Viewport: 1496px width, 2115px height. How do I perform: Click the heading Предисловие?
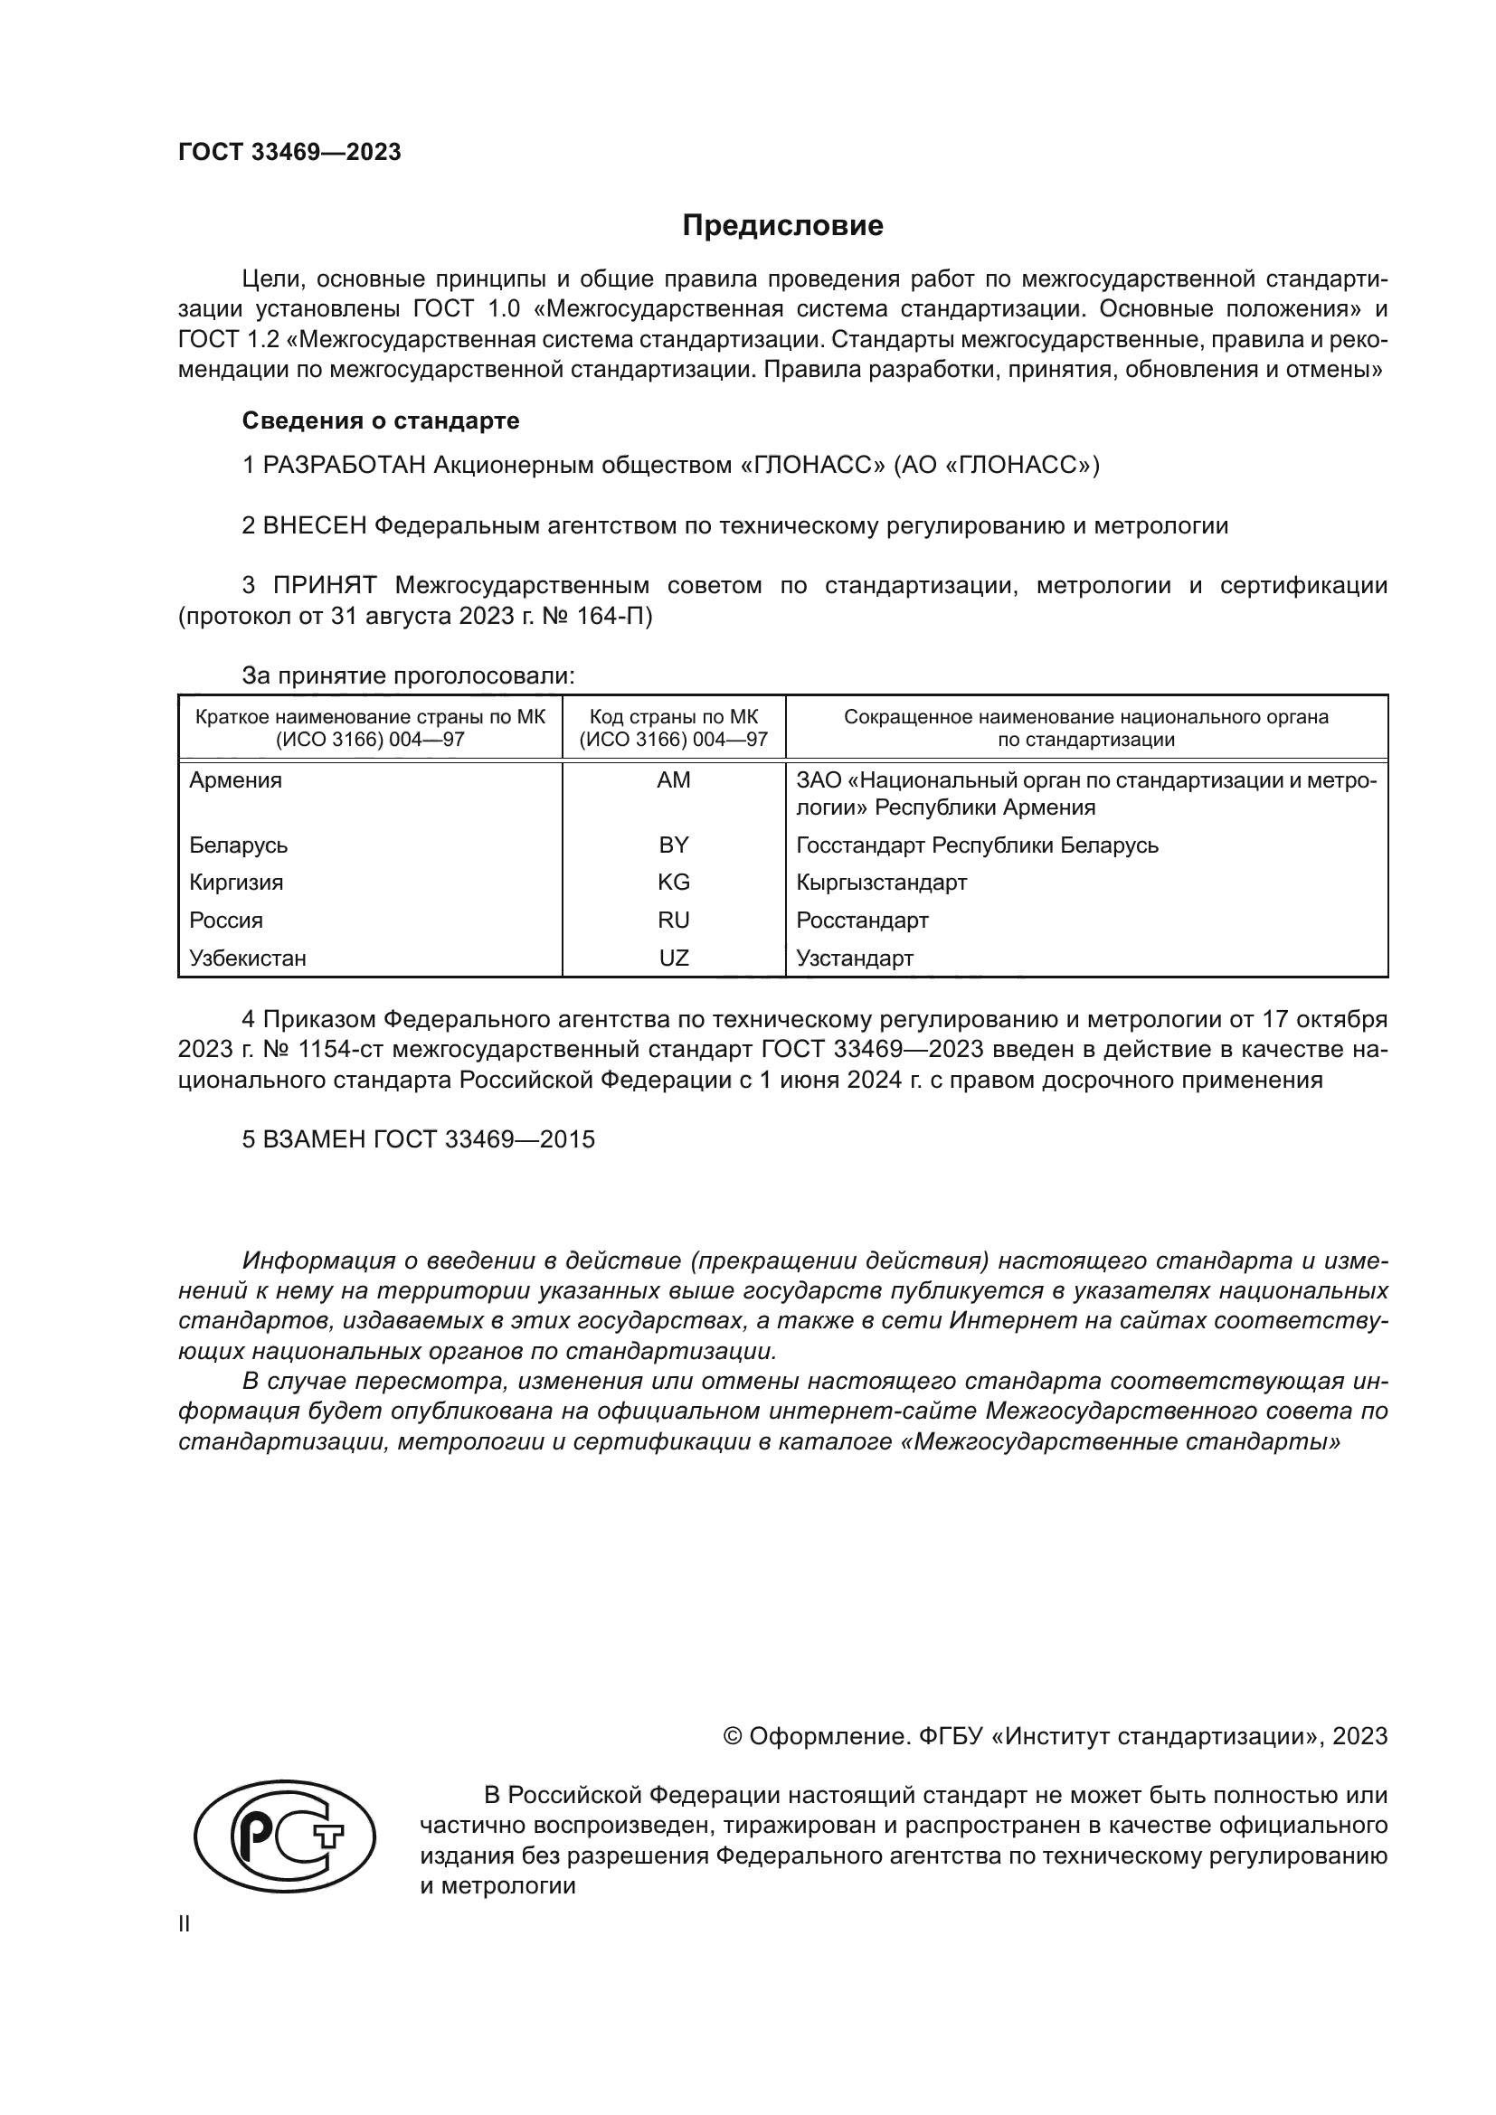click(782, 226)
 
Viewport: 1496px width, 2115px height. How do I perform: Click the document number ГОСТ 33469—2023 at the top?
click(289, 153)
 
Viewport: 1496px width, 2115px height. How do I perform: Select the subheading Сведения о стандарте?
click(381, 421)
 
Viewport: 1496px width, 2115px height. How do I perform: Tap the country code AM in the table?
click(674, 780)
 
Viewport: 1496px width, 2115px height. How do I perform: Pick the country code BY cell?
click(674, 845)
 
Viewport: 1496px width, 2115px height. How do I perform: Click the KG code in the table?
click(674, 883)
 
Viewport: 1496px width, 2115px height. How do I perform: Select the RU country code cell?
click(674, 921)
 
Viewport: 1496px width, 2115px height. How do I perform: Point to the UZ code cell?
click(674, 958)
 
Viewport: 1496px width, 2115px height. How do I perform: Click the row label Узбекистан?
click(248, 958)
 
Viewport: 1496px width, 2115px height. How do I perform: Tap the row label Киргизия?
click(236, 883)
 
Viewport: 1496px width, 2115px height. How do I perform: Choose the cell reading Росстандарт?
click(862, 921)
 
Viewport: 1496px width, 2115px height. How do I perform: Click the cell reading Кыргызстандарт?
click(882, 883)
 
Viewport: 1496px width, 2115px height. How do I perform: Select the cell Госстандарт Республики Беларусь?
click(978, 845)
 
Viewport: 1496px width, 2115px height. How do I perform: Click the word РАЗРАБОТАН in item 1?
click(345, 465)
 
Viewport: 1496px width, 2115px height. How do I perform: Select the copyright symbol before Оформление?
click(734, 1736)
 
